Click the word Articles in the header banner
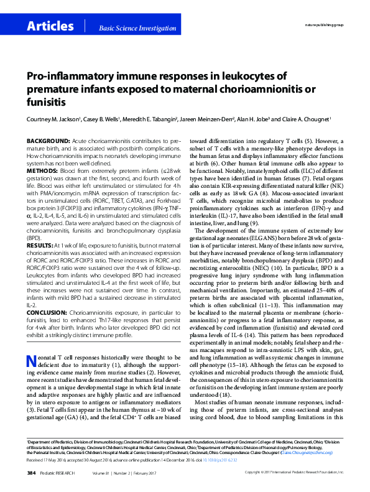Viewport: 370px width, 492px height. tap(50, 26)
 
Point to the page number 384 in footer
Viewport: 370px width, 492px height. tap(31, 473)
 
